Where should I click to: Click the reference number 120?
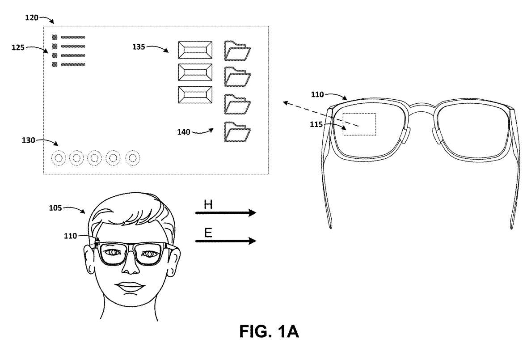coord(32,17)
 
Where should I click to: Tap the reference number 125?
coord(18,48)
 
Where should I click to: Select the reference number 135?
coord(139,47)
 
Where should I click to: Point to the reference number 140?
coord(184,132)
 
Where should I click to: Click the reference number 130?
coord(29,140)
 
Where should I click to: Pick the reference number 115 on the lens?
coord(316,124)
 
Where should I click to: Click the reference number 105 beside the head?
coord(55,208)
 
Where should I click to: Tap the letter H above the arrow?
coord(208,204)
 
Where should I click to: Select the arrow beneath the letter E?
coord(226,241)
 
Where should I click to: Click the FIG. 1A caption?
coord(269,331)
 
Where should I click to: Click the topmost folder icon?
coord(237,51)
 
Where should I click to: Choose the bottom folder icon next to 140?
coord(237,132)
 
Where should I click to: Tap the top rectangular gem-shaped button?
coord(195,50)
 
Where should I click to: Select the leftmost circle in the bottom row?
coord(58,158)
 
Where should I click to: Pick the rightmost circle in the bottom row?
coord(133,158)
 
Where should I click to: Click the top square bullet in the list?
coord(55,37)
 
